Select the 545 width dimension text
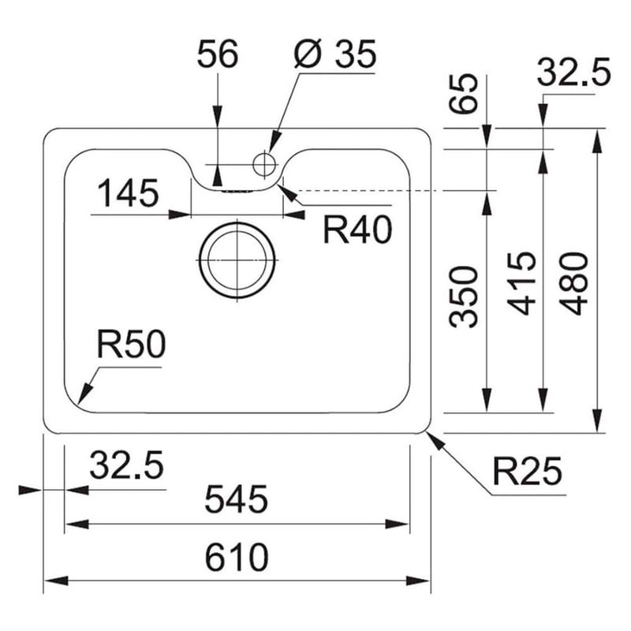[237, 498]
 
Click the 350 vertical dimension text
[465, 297]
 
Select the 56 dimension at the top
[218, 56]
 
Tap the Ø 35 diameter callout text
[334, 56]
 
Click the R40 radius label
[357, 230]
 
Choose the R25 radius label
[528, 472]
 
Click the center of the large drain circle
[237, 260]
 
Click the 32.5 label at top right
[574, 75]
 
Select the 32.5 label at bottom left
[126, 465]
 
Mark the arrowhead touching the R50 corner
[83, 398]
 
